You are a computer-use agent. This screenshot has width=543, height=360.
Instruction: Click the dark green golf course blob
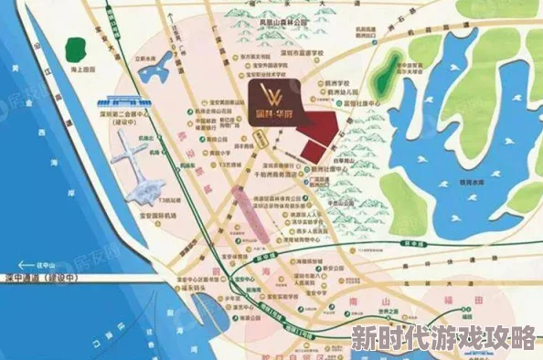391,69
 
